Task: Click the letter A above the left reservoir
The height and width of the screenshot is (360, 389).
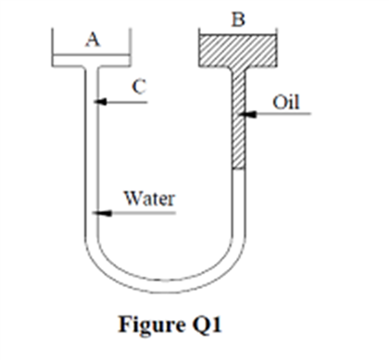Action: point(91,39)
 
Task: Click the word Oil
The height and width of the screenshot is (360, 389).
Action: point(288,101)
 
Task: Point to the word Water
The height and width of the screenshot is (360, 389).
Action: point(150,197)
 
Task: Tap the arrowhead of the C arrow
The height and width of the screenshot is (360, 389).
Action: point(100,101)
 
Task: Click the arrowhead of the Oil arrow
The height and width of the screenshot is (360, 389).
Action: point(244,116)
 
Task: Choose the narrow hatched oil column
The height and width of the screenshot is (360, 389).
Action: point(237,120)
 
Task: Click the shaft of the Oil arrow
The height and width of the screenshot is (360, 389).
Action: point(278,116)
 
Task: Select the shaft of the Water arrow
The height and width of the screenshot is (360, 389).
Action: point(139,212)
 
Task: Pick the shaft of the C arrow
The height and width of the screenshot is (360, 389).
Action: point(125,101)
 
